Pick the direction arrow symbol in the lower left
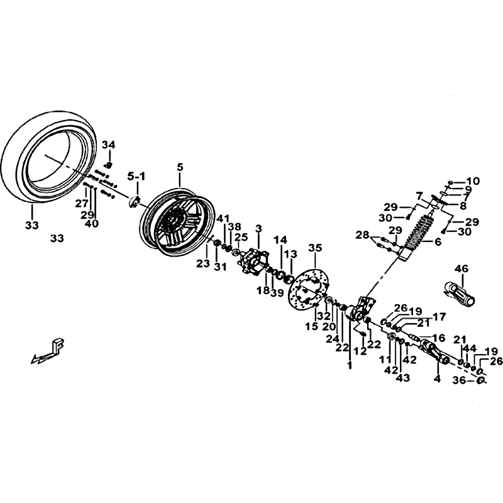click(50, 351)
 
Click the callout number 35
click(315, 248)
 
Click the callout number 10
click(472, 181)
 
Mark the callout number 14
click(280, 240)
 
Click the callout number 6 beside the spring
click(430, 243)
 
